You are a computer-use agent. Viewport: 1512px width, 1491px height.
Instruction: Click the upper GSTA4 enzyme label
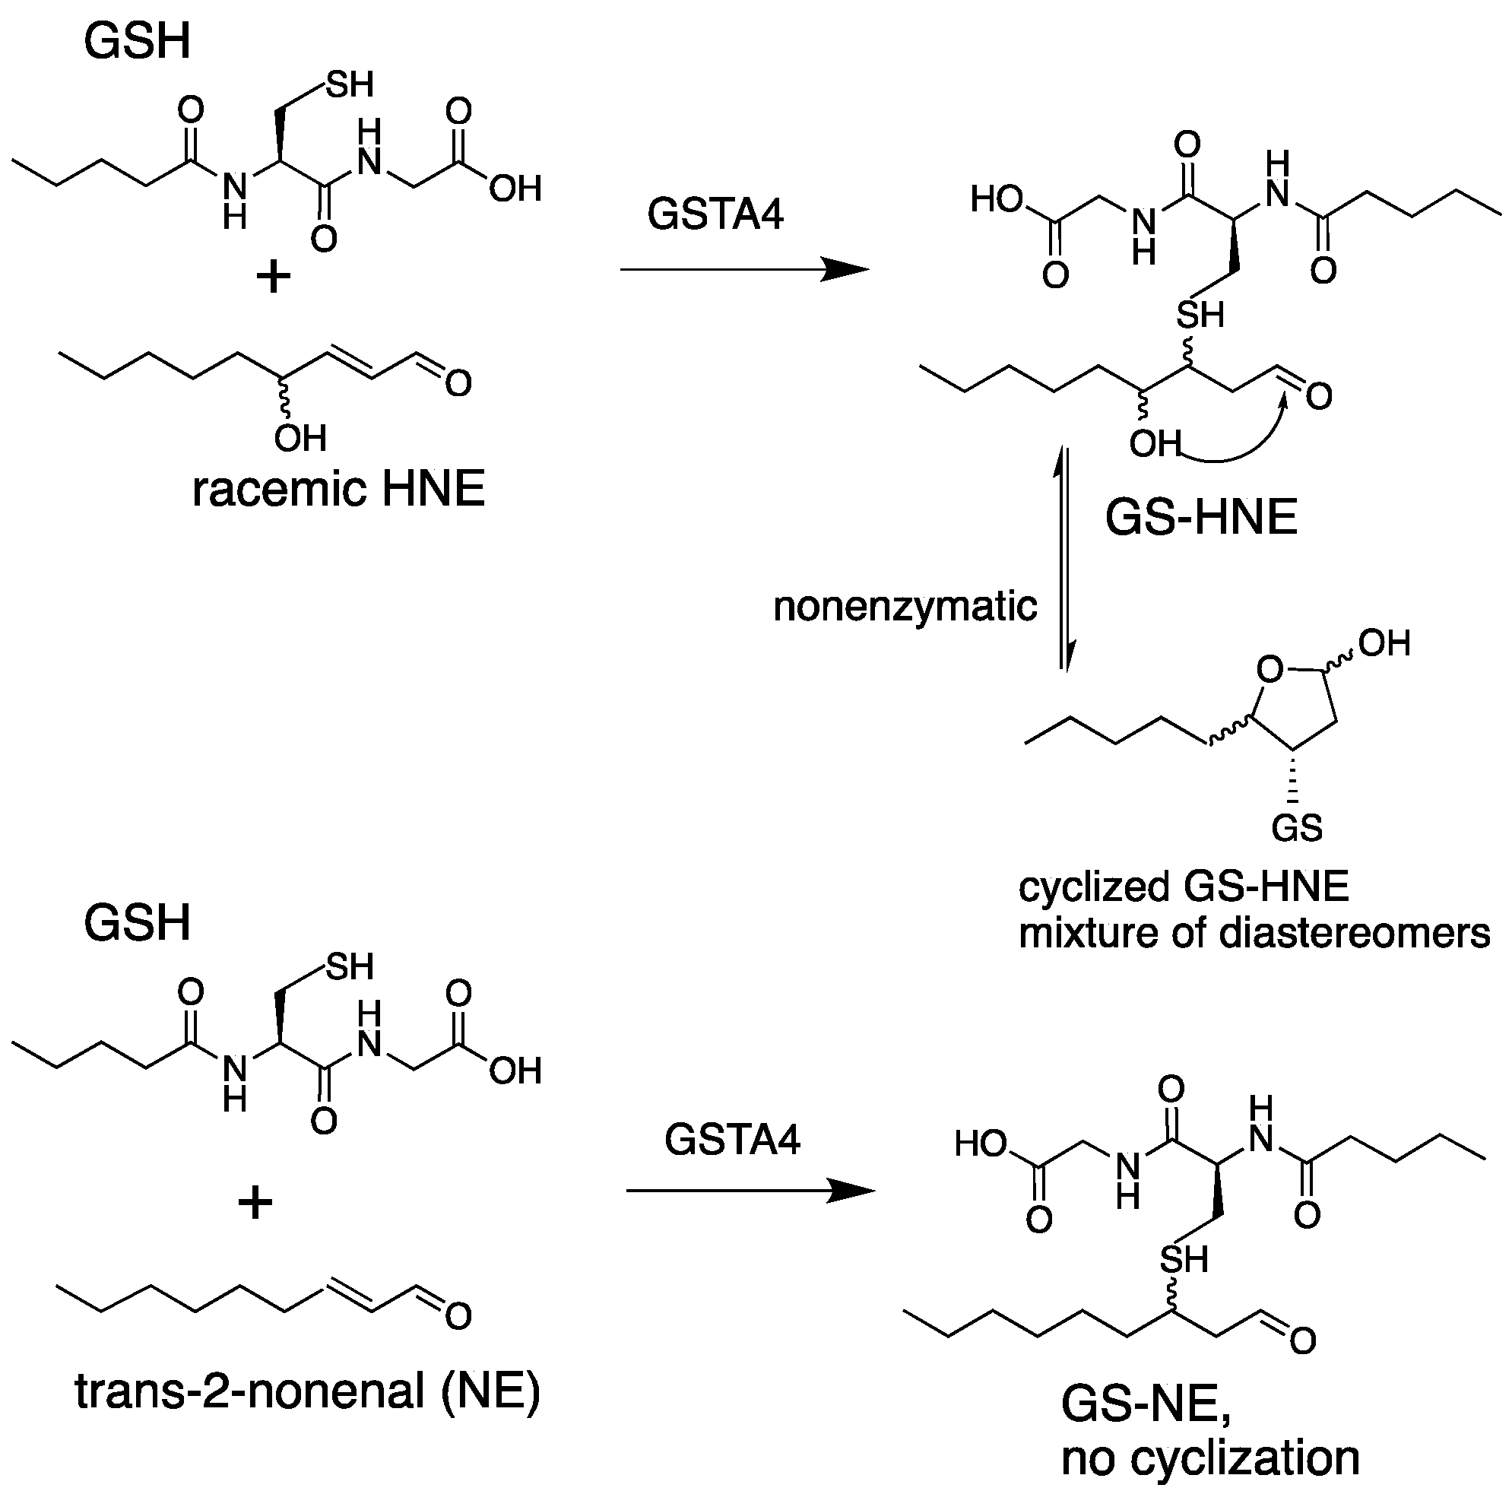click(715, 214)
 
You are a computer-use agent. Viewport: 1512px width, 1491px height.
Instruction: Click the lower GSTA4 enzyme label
click(732, 1140)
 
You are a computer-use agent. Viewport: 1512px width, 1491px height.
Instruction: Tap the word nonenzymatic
click(905, 607)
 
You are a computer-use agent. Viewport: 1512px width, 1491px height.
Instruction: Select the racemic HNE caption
click(338, 490)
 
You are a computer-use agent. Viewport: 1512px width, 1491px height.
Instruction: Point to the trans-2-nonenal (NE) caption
click(308, 1391)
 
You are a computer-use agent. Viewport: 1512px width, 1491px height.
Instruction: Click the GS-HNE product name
click(1201, 517)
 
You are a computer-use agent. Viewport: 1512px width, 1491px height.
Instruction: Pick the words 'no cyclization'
click(1210, 1458)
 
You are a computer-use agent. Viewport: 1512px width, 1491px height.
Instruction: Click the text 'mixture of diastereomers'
click(1254, 933)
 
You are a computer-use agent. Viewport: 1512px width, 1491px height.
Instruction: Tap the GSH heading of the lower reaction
click(137, 923)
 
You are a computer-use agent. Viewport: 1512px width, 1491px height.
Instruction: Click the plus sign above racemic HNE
click(273, 277)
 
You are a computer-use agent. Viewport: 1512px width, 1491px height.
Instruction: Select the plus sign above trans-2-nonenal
click(255, 1202)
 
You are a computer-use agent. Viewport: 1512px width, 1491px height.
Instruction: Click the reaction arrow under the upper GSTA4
click(743, 270)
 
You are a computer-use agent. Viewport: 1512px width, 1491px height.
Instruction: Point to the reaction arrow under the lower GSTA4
click(749, 1191)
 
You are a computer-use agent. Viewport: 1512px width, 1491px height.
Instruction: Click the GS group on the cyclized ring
click(1297, 827)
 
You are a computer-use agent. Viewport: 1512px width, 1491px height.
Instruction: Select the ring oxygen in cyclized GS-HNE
click(1270, 669)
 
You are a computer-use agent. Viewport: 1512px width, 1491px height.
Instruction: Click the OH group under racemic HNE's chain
click(300, 438)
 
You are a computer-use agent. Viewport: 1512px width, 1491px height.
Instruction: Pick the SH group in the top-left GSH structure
click(350, 84)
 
